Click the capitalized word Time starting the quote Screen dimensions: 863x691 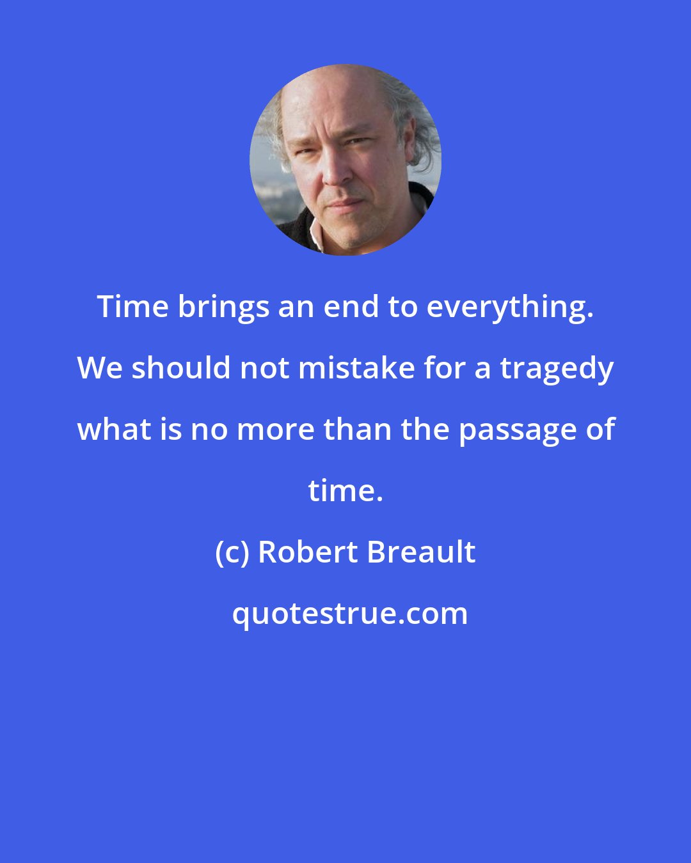[x=132, y=307]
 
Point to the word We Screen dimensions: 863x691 [x=100, y=368]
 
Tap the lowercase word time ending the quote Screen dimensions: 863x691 [x=345, y=491]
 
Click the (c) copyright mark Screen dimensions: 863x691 [x=232, y=552]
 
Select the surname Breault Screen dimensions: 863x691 [x=421, y=552]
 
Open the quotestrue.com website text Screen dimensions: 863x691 [x=349, y=614]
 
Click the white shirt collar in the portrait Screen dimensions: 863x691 [x=315, y=235]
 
